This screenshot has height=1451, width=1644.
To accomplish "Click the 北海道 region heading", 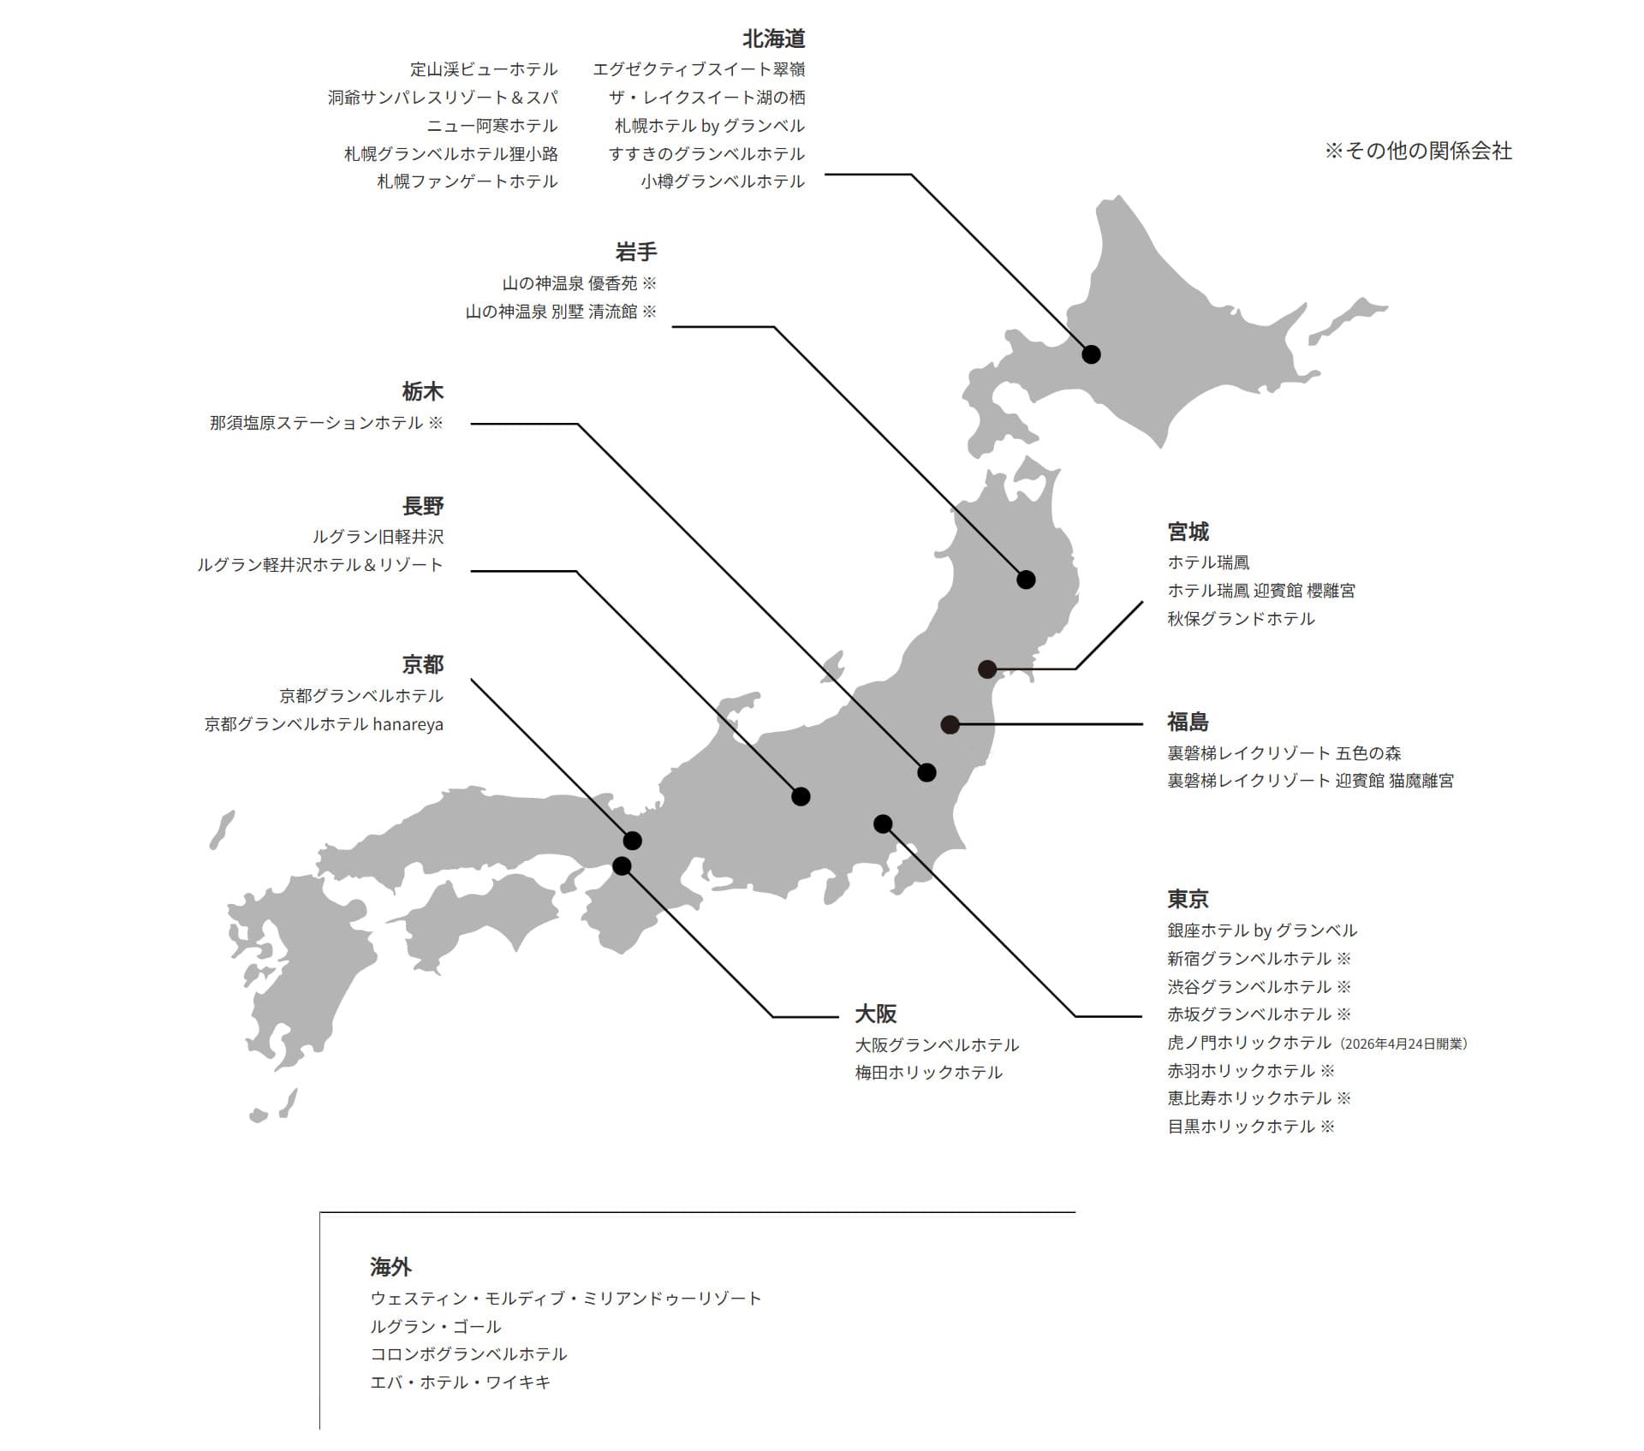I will click(x=773, y=39).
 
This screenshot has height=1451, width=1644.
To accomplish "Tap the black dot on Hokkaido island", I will click(x=1091, y=354).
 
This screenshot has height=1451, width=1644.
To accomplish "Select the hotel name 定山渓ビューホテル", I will click(x=484, y=69).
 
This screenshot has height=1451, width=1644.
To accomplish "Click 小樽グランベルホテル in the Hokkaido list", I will click(x=723, y=181).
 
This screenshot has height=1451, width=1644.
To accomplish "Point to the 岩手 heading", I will click(x=636, y=253).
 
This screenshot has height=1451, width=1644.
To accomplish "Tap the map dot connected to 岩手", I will click(x=1026, y=580).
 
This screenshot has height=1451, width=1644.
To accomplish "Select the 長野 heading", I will click(x=423, y=506).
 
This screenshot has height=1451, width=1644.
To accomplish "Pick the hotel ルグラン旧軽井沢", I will click(x=378, y=537).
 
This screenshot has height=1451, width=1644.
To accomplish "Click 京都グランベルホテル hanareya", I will click(x=324, y=724).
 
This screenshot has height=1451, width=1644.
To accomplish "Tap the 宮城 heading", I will click(x=1188, y=532).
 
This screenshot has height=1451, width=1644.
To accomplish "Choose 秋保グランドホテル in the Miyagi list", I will click(x=1241, y=619).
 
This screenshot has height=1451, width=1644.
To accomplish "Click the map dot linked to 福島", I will click(x=950, y=724).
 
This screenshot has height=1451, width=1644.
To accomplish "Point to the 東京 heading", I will click(x=1188, y=900).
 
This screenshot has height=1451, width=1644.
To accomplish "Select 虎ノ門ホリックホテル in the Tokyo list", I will click(x=1249, y=1043).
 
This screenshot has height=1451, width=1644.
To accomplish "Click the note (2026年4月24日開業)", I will click(x=1403, y=1044).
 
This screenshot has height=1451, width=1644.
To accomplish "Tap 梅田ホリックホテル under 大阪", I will click(x=928, y=1073).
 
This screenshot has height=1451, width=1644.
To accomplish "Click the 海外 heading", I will click(x=391, y=1267).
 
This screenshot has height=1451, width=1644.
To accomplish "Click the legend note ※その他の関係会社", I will click(x=1418, y=152).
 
